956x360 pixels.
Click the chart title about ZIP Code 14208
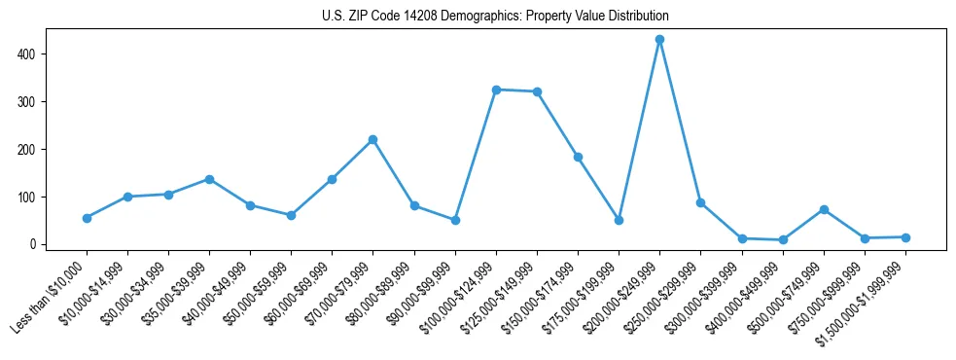495,17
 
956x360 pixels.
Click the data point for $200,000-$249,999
659,40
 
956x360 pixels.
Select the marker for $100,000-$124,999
496,90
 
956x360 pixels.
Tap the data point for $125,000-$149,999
537,91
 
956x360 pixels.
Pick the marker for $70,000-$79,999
372,139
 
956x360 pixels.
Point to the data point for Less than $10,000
87,218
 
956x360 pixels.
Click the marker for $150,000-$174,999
578,157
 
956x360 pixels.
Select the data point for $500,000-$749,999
824,209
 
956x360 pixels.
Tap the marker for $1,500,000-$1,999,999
905,237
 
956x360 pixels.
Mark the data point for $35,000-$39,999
209,179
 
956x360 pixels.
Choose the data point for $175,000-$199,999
619,220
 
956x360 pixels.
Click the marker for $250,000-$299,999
700,202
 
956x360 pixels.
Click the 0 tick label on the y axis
33,244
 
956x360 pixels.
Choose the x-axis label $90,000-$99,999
419,298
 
